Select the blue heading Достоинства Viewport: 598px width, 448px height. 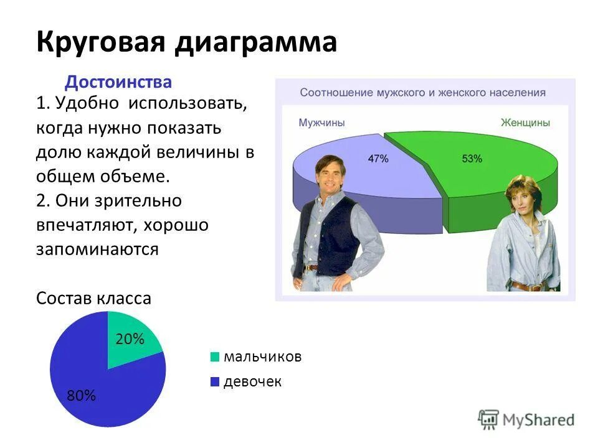118,82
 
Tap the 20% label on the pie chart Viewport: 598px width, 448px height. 130,339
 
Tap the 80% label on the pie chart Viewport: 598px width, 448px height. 82,396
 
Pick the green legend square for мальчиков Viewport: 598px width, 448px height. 215,357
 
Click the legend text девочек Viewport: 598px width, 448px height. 252,381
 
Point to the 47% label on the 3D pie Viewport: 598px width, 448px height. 378,159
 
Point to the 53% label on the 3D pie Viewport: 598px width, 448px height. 472,159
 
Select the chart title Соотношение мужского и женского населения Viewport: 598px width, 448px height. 423,93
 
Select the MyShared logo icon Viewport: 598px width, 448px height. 489,419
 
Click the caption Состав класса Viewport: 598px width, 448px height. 93,299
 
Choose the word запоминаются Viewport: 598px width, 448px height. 97,250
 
